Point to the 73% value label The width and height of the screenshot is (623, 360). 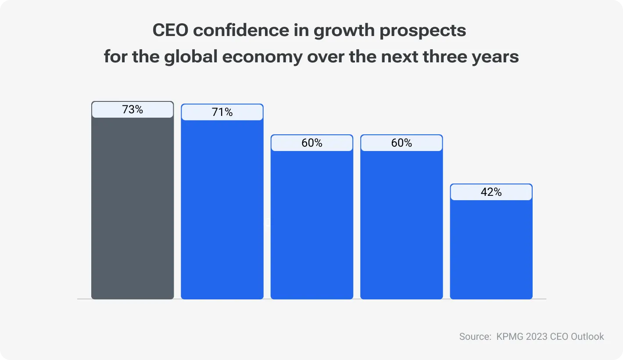[x=132, y=110]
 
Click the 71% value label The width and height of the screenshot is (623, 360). [x=222, y=112]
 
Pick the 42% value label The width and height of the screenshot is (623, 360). [x=491, y=192]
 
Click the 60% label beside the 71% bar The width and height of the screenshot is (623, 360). [x=312, y=143]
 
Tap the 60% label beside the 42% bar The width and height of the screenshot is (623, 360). [x=401, y=143]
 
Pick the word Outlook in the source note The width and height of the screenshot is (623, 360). [x=587, y=337]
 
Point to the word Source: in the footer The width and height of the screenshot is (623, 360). [x=475, y=337]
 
